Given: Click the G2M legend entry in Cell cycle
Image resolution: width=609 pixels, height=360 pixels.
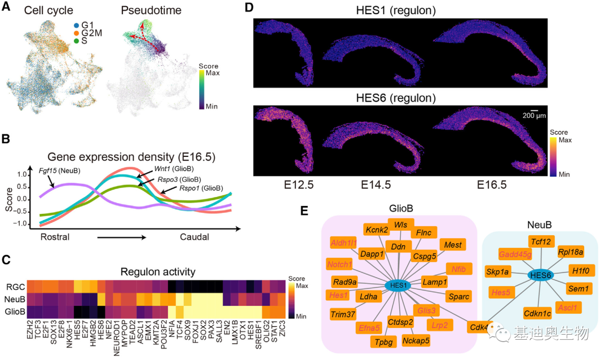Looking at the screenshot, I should pos(90,34).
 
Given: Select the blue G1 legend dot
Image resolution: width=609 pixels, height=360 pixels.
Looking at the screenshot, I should pos(76,25).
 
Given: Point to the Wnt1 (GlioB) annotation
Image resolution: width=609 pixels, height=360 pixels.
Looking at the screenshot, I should pos(176,169).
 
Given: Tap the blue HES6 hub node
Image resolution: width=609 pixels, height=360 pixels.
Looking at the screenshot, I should pos(540,274).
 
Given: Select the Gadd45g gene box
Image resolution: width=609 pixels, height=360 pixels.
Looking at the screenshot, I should pos(515,254).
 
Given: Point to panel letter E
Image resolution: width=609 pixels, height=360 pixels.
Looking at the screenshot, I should pos(304,211).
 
